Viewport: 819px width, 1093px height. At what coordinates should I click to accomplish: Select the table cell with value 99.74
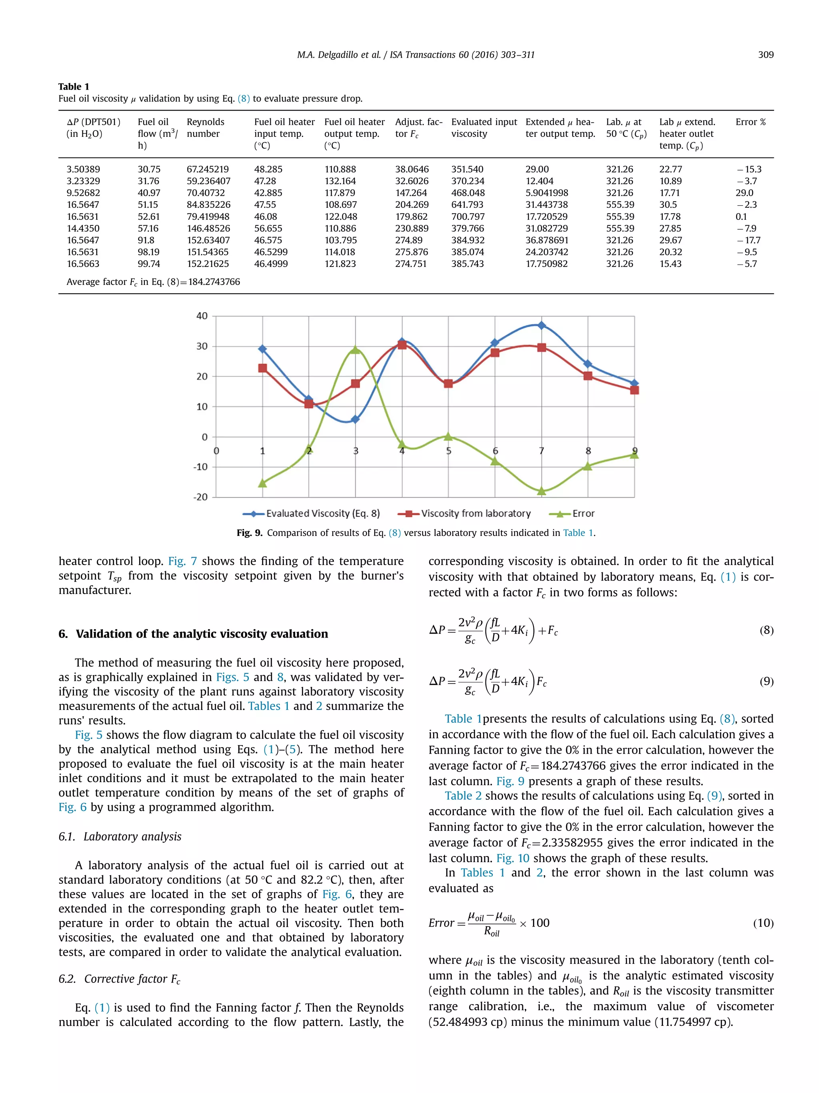[x=149, y=264]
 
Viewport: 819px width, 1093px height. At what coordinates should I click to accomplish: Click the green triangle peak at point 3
[x=355, y=350]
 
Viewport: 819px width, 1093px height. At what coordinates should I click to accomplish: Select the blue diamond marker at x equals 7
[x=541, y=325]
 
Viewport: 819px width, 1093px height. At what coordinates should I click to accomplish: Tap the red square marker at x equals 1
[x=263, y=368]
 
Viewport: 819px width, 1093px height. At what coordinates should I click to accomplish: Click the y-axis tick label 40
[x=202, y=316]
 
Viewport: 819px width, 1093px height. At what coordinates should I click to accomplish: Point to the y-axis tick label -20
[x=200, y=497]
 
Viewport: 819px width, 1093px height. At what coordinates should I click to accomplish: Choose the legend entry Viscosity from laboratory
[x=475, y=513]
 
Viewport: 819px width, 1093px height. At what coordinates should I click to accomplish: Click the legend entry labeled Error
[x=583, y=513]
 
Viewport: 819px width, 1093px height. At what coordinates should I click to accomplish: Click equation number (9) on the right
[x=766, y=682]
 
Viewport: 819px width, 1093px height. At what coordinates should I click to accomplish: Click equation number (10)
[x=763, y=923]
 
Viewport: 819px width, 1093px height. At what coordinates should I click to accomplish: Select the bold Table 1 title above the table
[x=74, y=86]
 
